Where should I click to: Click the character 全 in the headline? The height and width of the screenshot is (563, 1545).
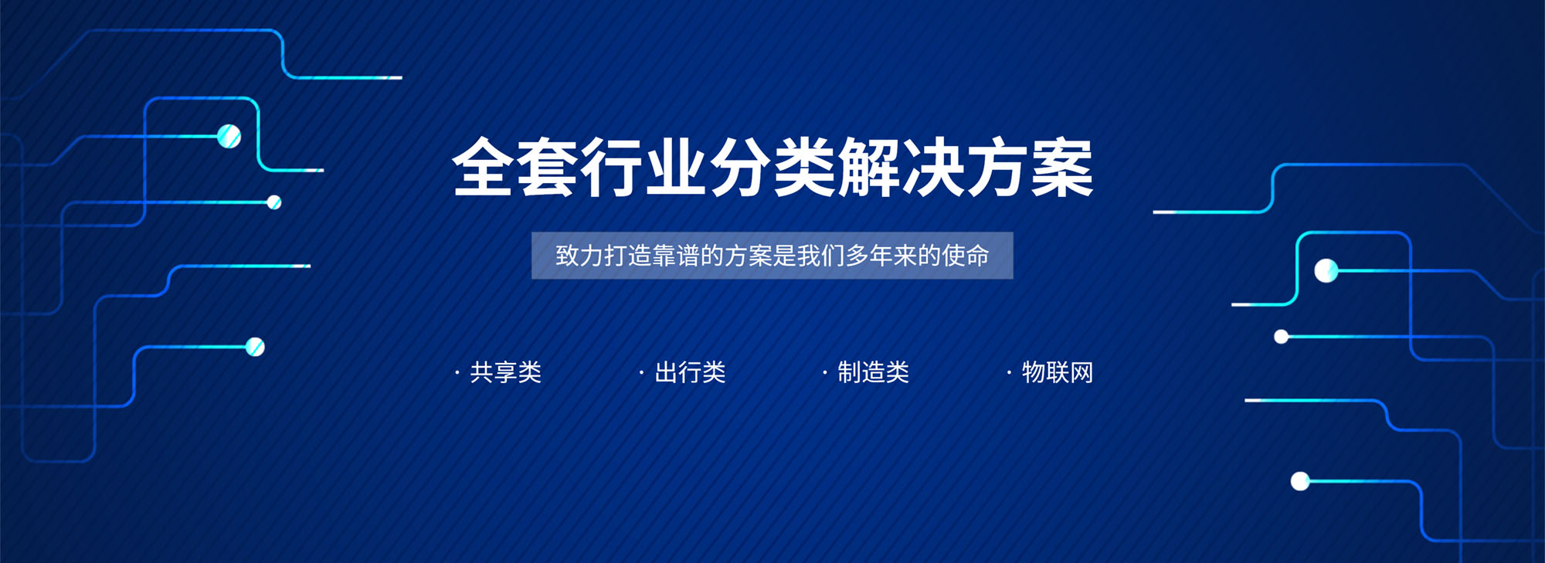coord(483,167)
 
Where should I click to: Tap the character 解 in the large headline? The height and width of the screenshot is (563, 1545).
coord(869,167)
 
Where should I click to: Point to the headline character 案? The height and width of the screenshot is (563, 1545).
coord(1062,167)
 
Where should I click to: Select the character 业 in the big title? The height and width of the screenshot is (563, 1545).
coord(676,167)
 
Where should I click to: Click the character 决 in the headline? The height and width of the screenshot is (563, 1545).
coord(933,167)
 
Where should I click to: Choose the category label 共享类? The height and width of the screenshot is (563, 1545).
coord(506,372)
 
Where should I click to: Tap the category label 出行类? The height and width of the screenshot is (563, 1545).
coord(690,372)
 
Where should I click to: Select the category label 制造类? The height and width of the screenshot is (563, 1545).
coord(874,372)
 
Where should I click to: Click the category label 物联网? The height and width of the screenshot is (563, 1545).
coord(1058,372)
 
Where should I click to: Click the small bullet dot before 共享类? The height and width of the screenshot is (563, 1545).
coord(457,373)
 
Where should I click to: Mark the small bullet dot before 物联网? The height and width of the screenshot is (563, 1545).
coord(1009,373)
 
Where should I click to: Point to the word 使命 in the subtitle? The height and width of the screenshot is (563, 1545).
coord(966,256)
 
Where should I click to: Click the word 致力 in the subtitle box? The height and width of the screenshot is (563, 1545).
coord(579,256)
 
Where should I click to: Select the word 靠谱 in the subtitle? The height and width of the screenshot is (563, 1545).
coord(676,256)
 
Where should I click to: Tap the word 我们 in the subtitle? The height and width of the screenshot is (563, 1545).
coord(821,256)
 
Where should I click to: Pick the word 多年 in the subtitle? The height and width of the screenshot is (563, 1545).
coord(869,256)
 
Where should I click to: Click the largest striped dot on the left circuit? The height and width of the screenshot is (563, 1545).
coord(229,136)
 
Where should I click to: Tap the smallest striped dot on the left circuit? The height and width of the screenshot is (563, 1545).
coord(274,202)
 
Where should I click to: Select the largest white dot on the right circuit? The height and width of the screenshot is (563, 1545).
coord(1326,271)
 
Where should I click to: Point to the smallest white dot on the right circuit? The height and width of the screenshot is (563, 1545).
coord(1282,337)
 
